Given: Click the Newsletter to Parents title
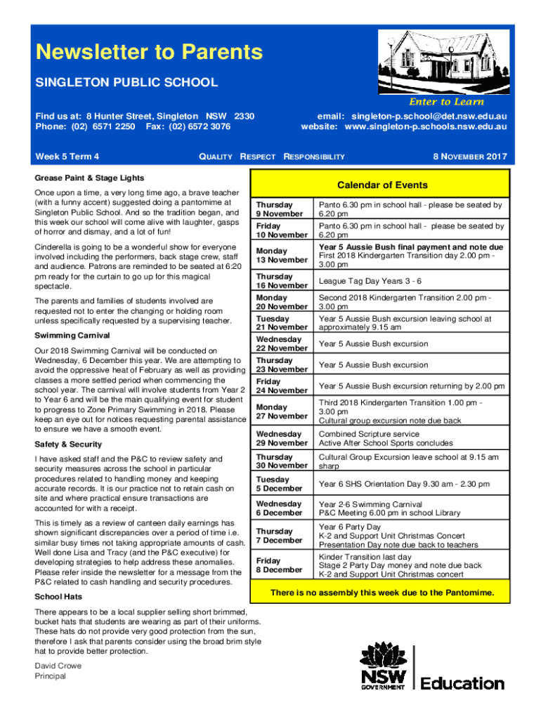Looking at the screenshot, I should pyautogui.click(x=149, y=52).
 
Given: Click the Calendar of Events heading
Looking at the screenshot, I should pyautogui.click(x=382, y=185).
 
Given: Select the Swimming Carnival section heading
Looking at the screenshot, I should pyautogui.click(x=72, y=336).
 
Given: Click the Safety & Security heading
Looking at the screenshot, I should pyautogui.click(x=68, y=444).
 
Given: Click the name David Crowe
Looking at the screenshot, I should pyautogui.click(x=58, y=666).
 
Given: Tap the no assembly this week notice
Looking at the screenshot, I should pyautogui.click(x=382, y=593).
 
